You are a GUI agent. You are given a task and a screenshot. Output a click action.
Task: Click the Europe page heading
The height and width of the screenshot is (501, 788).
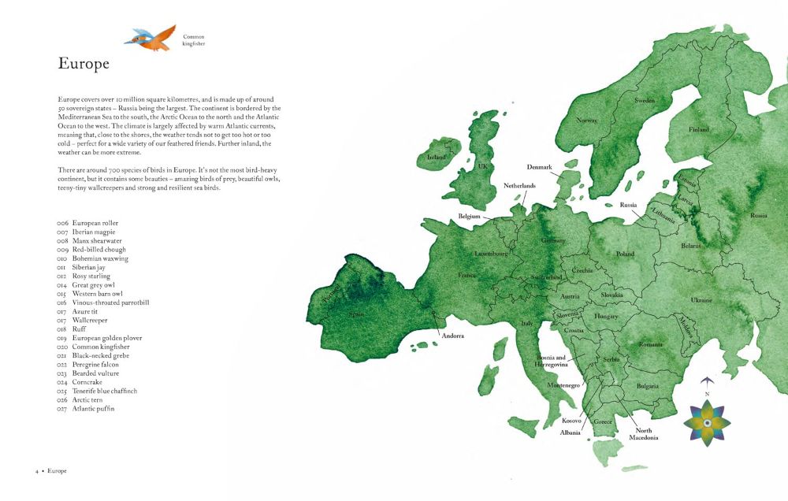click(84, 65)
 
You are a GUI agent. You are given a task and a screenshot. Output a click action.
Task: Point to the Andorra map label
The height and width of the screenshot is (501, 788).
click(452, 336)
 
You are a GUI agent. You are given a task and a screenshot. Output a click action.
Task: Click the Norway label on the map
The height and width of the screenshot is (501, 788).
click(587, 121)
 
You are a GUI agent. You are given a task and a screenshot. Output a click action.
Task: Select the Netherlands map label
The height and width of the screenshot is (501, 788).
click(519, 186)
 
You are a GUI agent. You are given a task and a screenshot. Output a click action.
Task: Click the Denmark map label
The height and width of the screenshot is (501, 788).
click(540, 167)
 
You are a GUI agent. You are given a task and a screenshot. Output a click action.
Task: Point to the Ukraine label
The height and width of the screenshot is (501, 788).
click(701, 300)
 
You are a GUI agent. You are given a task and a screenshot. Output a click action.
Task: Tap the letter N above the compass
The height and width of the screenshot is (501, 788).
click(707, 394)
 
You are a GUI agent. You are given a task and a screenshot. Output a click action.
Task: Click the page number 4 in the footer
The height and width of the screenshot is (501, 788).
click(36, 471)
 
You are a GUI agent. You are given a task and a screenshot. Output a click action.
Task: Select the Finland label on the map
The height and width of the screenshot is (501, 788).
click(699, 129)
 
